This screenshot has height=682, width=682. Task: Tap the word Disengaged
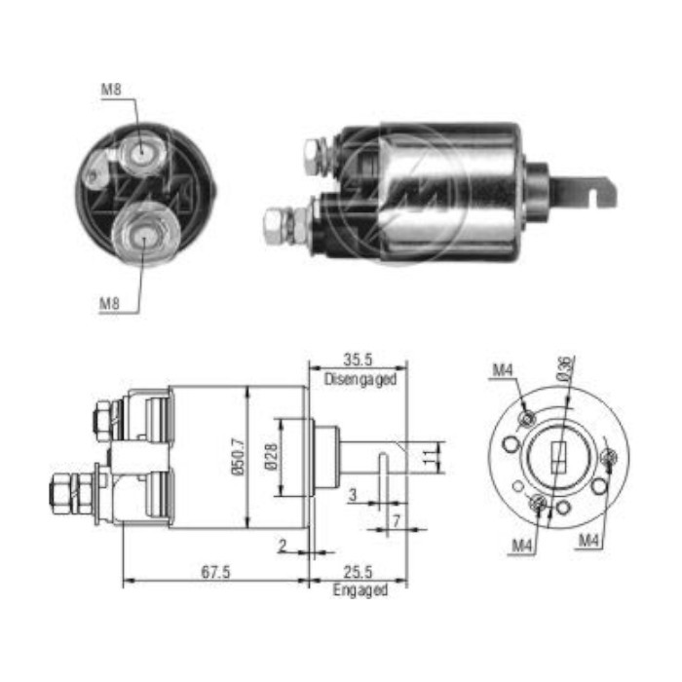(x=360, y=380)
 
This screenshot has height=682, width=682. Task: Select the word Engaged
(x=360, y=590)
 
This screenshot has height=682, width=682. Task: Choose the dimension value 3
(x=353, y=496)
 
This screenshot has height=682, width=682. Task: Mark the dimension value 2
(x=281, y=547)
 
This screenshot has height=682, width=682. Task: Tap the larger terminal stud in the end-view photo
(x=143, y=233)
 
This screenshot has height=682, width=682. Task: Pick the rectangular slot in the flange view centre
(x=558, y=456)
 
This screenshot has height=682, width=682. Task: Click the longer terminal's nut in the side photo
(x=276, y=225)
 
